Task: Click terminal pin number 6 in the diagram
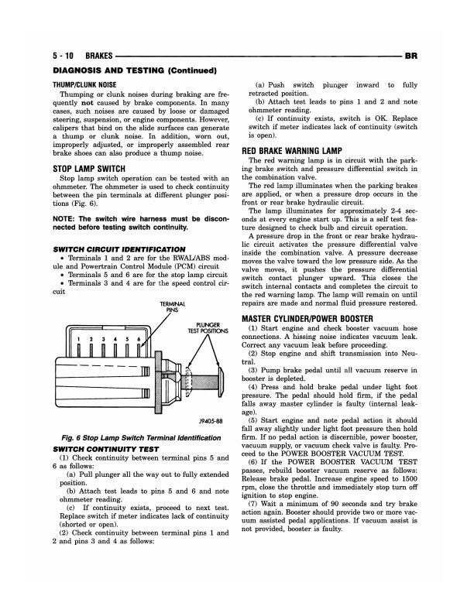(138, 340)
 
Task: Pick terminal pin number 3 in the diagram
(103, 340)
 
